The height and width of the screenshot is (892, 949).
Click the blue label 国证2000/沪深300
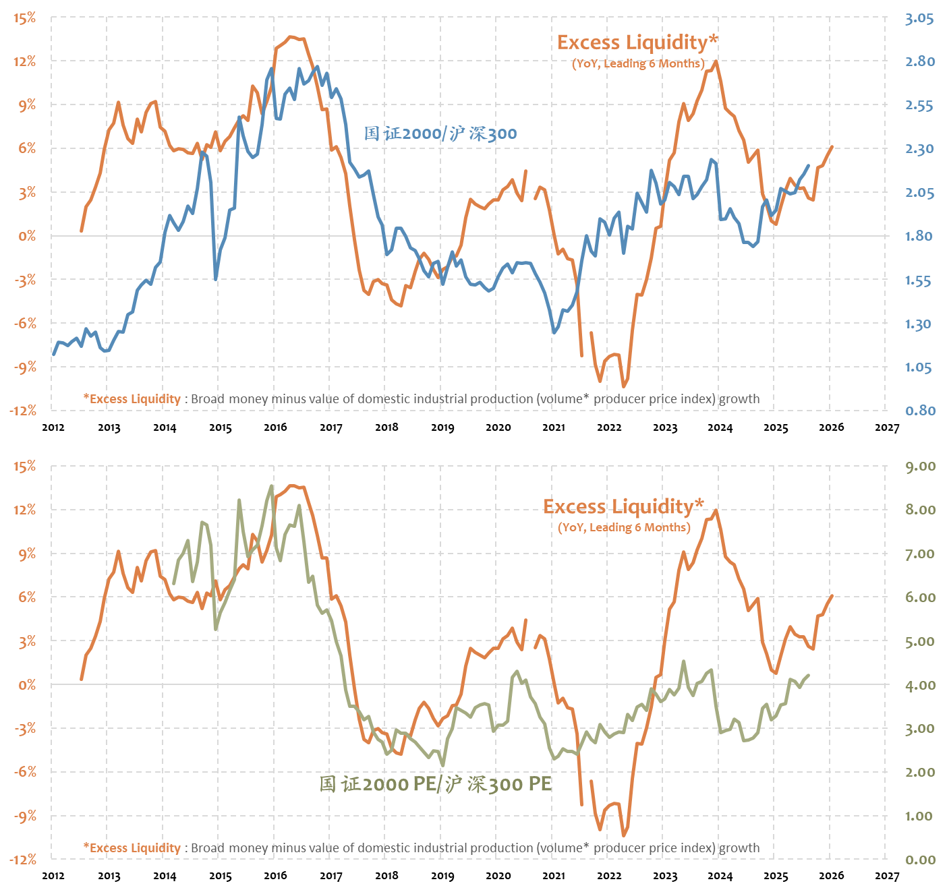click(x=440, y=133)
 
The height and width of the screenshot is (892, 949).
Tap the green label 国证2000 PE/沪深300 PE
click(x=436, y=784)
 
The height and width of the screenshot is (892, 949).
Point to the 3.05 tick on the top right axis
click(x=919, y=18)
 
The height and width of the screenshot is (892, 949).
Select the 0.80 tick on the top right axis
click(x=919, y=411)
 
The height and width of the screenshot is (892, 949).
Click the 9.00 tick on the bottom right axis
click(x=920, y=467)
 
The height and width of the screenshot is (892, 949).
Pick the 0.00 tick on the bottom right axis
click(x=920, y=860)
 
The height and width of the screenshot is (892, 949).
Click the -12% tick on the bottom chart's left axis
click(x=23, y=860)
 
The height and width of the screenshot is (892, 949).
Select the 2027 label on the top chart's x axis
click(x=887, y=427)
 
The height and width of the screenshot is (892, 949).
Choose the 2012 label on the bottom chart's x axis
click(x=53, y=876)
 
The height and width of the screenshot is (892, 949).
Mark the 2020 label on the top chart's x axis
click(x=498, y=427)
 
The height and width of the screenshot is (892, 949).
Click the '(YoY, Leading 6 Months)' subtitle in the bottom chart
click(x=624, y=527)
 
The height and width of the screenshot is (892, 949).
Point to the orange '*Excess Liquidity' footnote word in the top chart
click(x=132, y=399)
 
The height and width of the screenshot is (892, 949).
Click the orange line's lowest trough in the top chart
click(x=623, y=386)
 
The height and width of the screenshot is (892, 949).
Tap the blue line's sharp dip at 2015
click(x=216, y=278)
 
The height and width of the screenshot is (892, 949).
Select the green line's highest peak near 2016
click(x=272, y=486)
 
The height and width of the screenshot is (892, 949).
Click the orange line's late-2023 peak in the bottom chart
click(x=716, y=510)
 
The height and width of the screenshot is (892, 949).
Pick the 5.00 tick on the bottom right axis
click(x=920, y=641)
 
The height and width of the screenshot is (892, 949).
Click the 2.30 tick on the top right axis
click(x=919, y=149)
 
